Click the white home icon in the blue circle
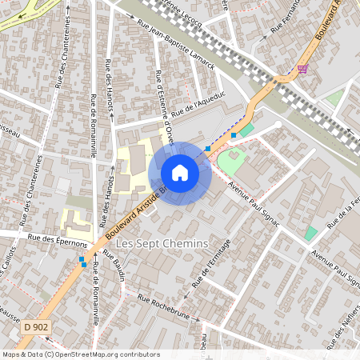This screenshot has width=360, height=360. (180, 173)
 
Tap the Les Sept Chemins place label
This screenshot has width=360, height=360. (162, 243)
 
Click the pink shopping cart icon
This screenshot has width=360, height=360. (302, 69)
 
